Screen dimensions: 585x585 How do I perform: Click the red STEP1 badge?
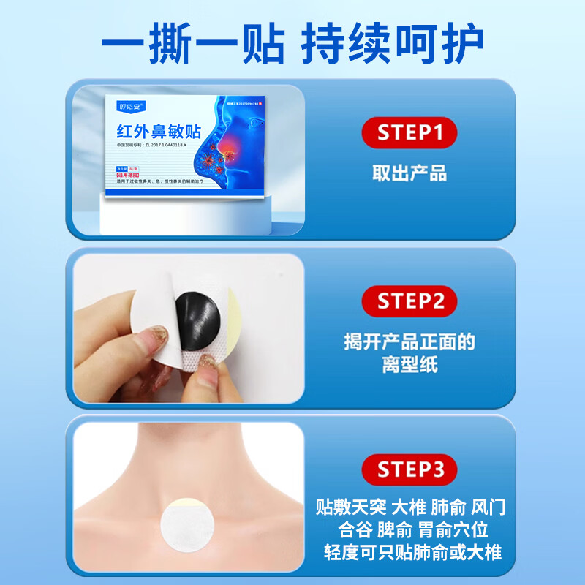point(409,133)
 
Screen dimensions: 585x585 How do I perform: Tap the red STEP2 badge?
point(409,301)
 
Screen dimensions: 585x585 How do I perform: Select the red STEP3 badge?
point(409,469)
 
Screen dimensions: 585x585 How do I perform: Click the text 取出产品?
point(409,173)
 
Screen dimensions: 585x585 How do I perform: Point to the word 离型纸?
point(409,364)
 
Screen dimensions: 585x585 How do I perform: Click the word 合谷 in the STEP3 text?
point(356,529)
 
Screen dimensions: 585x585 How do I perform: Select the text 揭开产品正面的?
point(409,341)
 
